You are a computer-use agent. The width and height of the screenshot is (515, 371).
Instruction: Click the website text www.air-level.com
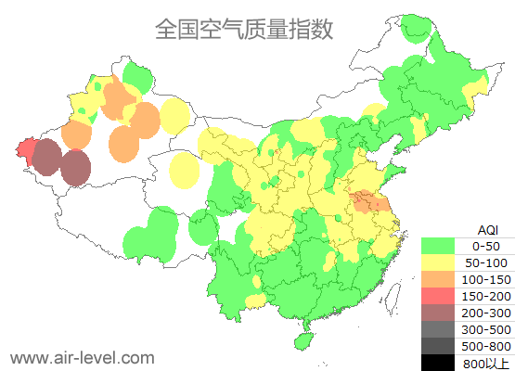tap(82, 357)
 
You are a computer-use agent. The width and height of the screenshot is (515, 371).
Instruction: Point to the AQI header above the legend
tap(487, 228)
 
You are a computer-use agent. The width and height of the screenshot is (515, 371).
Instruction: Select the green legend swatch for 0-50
tap(438, 246)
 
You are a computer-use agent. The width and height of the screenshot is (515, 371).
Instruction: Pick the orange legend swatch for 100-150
tap(438, 279)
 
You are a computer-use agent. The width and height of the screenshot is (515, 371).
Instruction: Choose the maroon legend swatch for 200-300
tap(438, 313)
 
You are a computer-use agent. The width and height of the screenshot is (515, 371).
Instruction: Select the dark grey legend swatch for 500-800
tap(438, 346)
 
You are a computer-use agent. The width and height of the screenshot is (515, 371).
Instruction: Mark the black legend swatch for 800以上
tap(438, 363)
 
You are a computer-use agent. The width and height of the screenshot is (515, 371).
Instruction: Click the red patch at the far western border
tap(27, 149)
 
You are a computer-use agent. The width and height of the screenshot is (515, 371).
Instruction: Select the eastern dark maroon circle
tap(76, 168)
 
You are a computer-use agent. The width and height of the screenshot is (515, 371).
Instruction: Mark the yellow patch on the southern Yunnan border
tap(253, 300)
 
